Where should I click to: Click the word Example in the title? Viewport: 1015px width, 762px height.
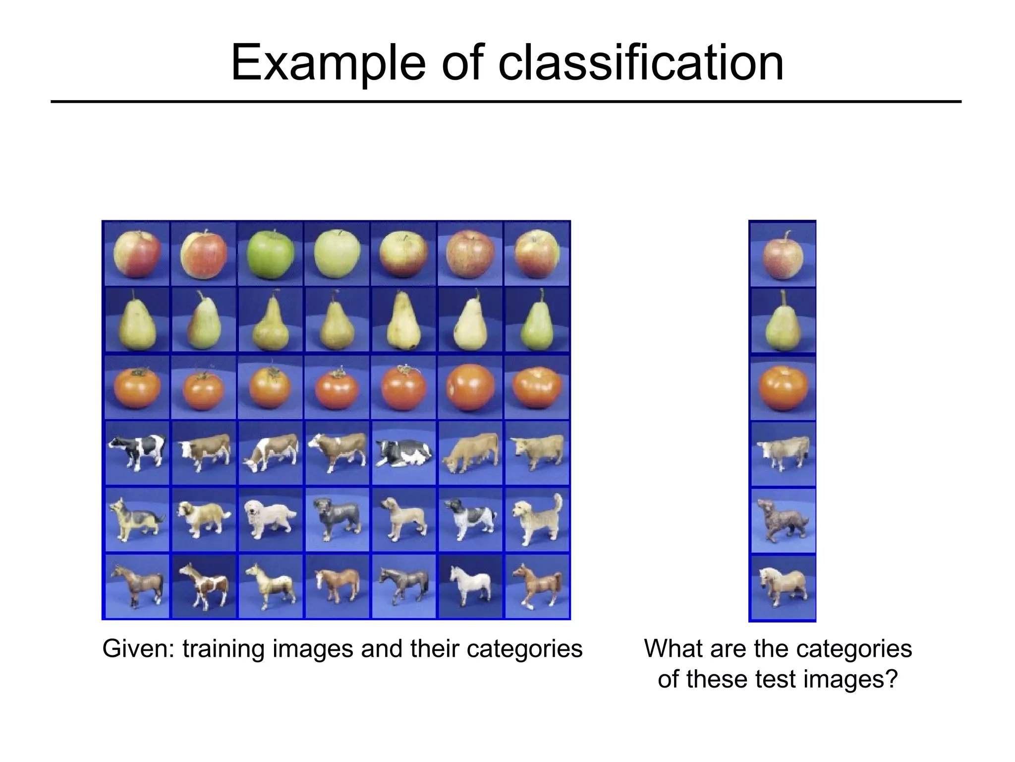coord(328,63)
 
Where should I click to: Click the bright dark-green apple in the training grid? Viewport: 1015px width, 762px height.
coord(270,254)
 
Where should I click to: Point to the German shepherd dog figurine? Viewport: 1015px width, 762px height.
coord(135,519)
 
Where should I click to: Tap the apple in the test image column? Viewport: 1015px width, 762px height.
coord(783,255)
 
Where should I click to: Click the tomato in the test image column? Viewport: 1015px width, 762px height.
coord(783,388)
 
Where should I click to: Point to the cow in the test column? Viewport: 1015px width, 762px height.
coord(783,452)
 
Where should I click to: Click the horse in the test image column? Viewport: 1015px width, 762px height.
coord(783,587)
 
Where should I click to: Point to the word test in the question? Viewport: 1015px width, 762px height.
coord(776,679)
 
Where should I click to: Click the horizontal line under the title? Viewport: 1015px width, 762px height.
coord(506,102)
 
